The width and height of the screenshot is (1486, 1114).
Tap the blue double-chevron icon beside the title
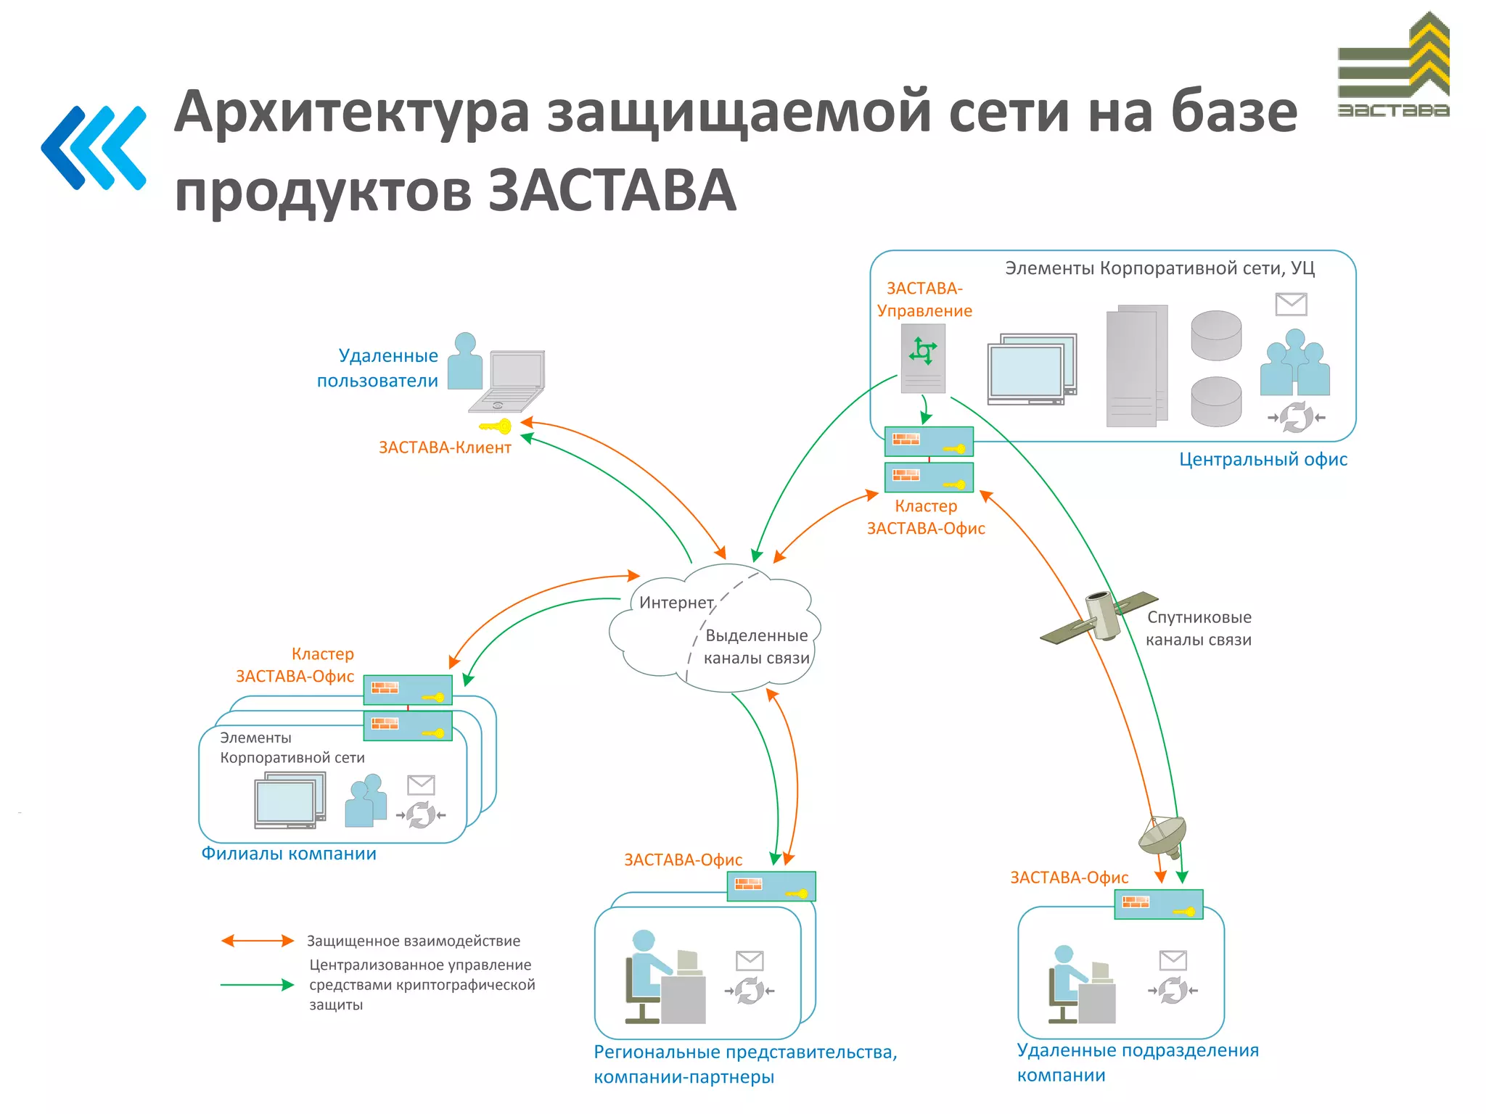[x=94, y=148]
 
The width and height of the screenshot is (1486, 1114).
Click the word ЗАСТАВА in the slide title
[x=612, y=190]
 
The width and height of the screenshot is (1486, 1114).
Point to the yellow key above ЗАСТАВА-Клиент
[x=496, y=426]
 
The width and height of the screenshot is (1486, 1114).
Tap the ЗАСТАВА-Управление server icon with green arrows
[x=923, y=358]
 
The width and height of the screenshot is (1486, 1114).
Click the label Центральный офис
[x=1263, y=459]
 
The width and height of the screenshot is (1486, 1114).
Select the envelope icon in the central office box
[x=1291, y=304]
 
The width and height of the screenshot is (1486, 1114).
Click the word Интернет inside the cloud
[x=676, y=603]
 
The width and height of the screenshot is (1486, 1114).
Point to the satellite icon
[x=1100, y=616]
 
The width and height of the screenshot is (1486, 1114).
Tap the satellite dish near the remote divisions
[x=1163, y=836]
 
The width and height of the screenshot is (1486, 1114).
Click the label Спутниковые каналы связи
[x=1199, y=628]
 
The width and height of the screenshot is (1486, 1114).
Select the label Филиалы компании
[x=289, y=854]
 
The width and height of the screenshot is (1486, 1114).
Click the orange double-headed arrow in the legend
[x=258, y=941]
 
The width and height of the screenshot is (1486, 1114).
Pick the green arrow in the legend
[x=258, y=985]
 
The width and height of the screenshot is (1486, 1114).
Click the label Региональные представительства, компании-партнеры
[x=745, y=1064]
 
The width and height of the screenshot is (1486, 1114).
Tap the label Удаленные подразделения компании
[x=1137, y=1063]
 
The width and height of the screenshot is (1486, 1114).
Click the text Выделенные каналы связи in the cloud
[x=756, y=646]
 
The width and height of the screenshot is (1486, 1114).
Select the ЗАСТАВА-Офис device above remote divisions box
[x=1158, y=904]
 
